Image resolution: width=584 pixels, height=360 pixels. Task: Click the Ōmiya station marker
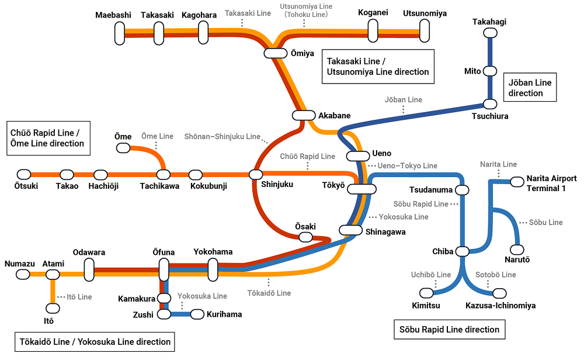click(x=276, y=53)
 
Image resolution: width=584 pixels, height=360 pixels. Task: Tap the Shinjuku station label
click(x=277, y=185)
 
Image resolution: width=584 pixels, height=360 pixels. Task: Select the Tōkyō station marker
click(x=362, y=189)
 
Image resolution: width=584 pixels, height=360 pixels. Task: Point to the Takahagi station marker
click(x=489, y=35)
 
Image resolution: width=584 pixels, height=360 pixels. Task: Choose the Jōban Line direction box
click(x=529, y=88)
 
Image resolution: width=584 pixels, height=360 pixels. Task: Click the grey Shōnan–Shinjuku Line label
click(x=223, y=136)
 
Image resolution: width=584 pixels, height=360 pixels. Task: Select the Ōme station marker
click(x=123, y=148)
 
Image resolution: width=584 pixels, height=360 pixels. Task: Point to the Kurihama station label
click(x=224, y=314)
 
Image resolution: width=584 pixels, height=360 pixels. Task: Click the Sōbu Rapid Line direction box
click(x=449, y=330)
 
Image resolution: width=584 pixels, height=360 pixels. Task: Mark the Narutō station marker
click(x=517, y=250)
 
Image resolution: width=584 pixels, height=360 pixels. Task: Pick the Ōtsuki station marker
click(x=23, y=174)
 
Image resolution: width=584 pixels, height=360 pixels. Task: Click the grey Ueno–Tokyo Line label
click(x=407, y=165)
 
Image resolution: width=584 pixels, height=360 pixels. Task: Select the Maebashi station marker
click(x=119, y=33)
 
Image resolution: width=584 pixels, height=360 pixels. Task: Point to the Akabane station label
click(x=335, y=115)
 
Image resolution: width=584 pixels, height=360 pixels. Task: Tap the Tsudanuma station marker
click(x=462, y=191)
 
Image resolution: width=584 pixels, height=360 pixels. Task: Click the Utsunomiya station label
click(x=425, y=13)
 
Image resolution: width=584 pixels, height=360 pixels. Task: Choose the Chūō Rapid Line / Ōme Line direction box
click(x=48, y=138)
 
